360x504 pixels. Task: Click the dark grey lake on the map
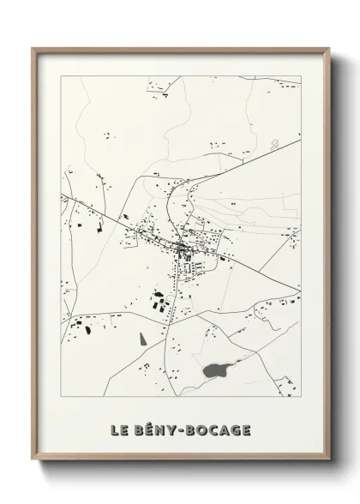point(215,370)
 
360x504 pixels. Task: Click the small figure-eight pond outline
point(273,145)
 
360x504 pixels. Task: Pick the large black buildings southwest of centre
point(158,302)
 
